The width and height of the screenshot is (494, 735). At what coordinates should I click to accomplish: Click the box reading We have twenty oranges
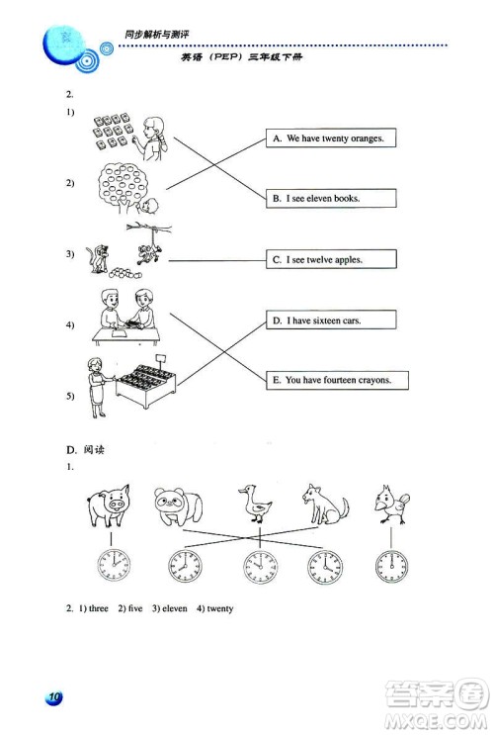[331, 138]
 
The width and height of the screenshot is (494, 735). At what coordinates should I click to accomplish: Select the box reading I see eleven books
[331, 198]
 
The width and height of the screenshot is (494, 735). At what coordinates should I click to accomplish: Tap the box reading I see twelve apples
[331, 259]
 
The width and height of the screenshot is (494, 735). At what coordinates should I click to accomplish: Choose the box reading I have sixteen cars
[331, 320]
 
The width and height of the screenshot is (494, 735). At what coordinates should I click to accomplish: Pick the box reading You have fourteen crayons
[337, 380]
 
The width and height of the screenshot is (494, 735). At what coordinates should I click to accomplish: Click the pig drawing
[109, 505]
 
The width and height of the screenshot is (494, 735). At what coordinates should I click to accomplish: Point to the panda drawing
[179, 506]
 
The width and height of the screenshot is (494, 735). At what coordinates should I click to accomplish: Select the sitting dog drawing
[325, 505]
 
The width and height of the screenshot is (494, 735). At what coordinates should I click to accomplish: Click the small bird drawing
[392, 505]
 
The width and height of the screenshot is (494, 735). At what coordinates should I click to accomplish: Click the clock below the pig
[114, 565]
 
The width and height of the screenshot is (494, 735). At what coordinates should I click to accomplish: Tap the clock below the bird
[391, 566]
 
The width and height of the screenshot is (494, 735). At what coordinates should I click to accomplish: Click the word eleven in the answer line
[175, 608]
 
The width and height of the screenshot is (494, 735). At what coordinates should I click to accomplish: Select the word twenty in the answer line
[220, 608]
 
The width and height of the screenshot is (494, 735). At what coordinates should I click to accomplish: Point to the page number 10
[54, 697]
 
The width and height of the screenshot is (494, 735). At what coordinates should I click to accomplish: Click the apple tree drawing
[123, 187]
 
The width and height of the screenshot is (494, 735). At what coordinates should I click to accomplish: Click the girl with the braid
[153, 138]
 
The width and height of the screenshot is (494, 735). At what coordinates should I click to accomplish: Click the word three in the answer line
[99, 608]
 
